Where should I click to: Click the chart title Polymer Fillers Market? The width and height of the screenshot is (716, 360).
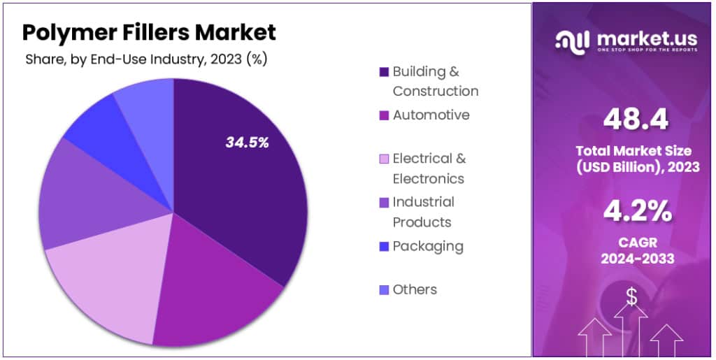(149, 32)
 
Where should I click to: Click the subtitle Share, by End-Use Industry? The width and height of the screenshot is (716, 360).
(146, 59)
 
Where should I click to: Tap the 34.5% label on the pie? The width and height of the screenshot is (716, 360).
(247, 143)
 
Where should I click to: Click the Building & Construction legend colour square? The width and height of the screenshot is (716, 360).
(384, 72)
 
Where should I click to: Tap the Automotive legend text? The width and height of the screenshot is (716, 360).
(431, 115)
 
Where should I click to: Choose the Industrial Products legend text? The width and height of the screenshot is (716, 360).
(423, 212)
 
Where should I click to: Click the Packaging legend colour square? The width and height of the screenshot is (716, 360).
(384, 247)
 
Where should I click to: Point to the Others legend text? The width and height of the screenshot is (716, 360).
(415, 289)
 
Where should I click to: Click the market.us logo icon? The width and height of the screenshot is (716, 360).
(572, 41)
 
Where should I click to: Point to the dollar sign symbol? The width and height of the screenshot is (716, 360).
(631, 297)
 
